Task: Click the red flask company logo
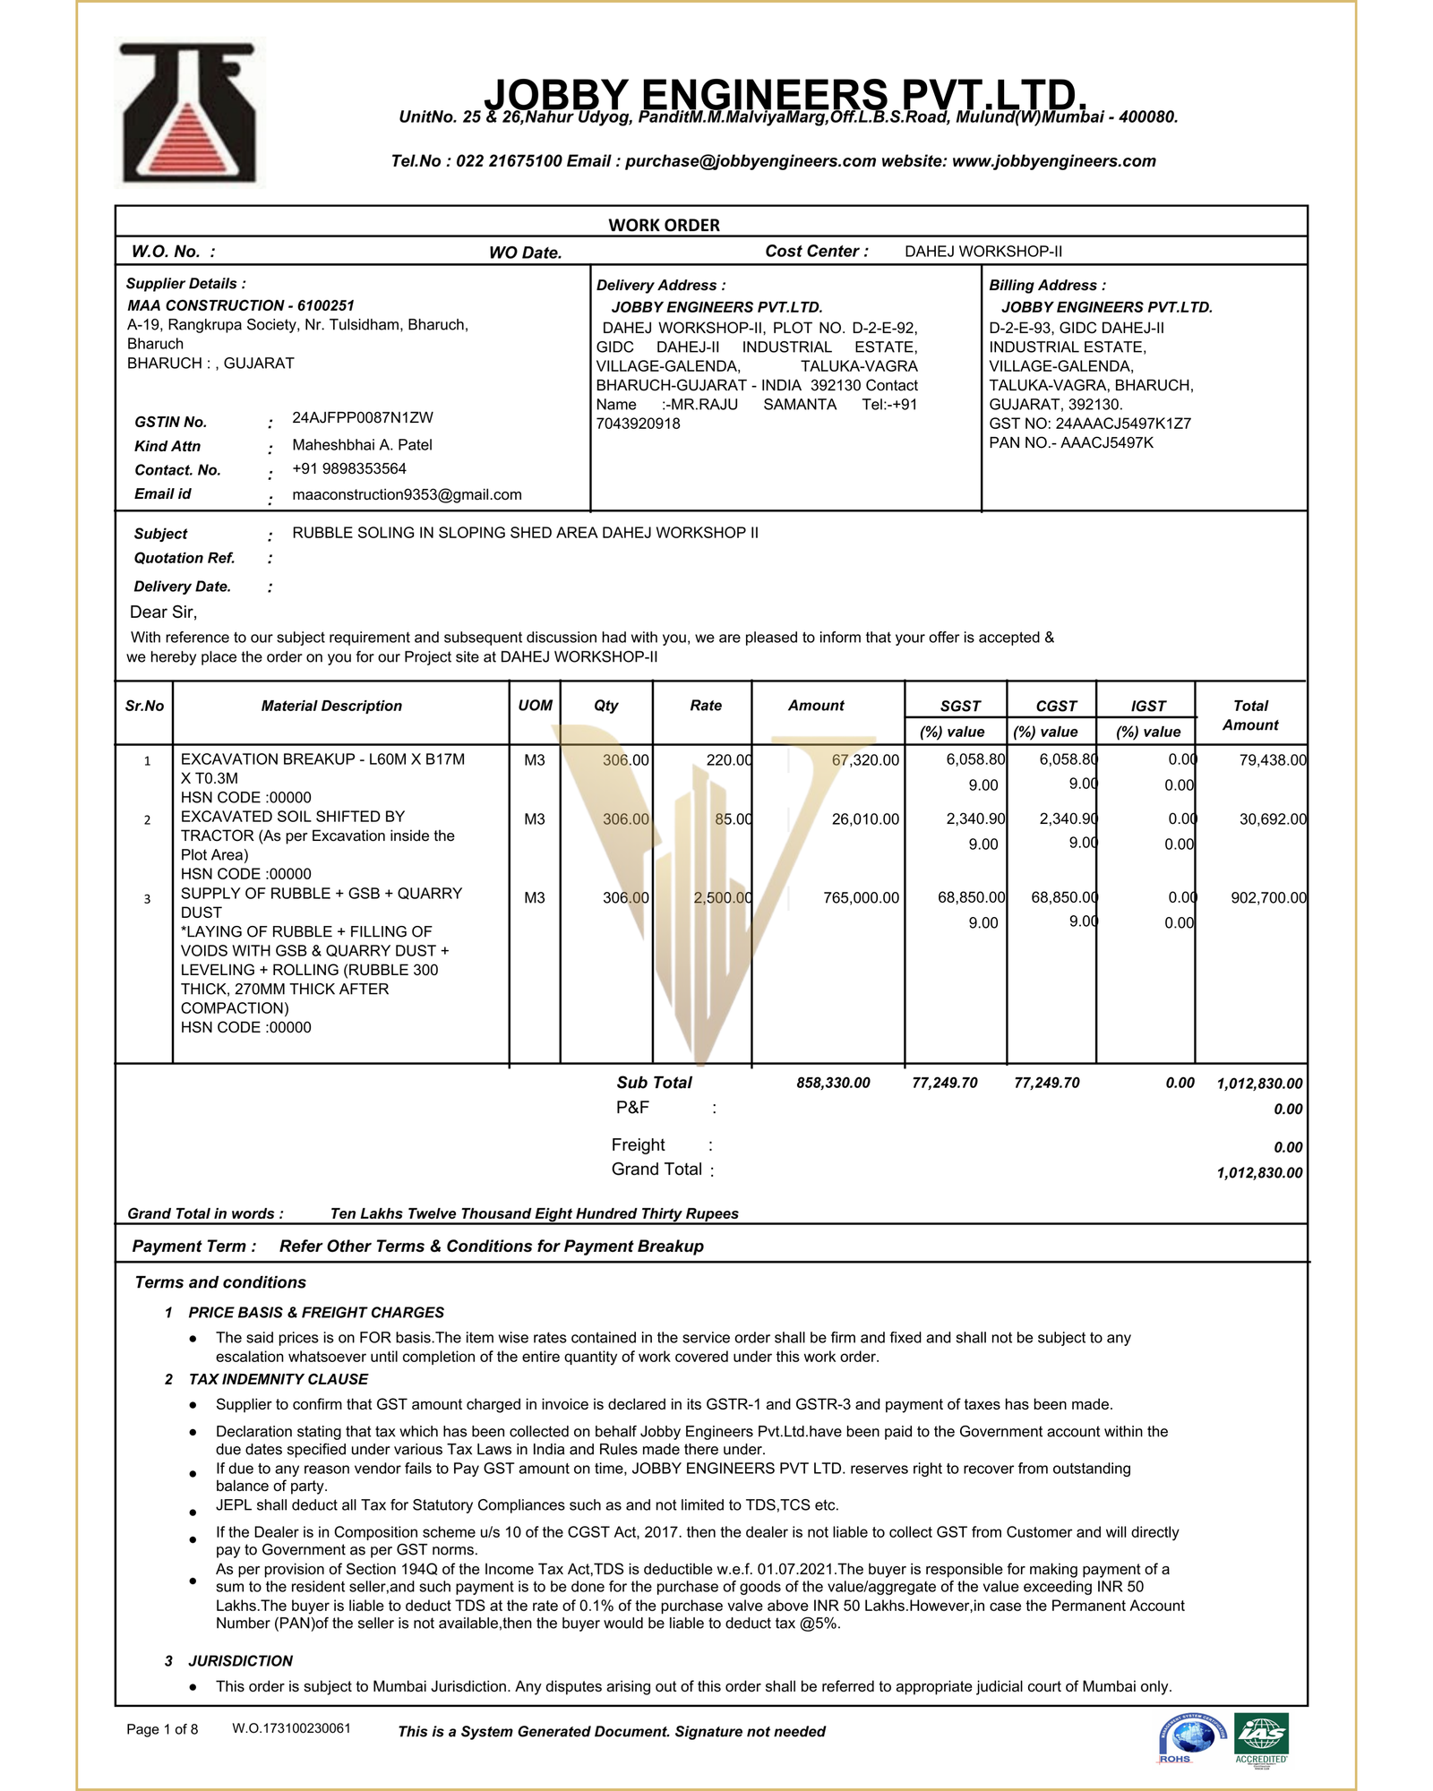[189, 114]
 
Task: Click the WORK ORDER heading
[664, 225]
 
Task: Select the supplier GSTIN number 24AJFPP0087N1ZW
[363, 417]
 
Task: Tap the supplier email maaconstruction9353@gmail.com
[407, 494]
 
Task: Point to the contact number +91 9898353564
[349, 468]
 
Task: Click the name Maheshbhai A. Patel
[362, 444]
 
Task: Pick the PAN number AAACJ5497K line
[1071, 442]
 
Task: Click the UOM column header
[535, 706]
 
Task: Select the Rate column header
[706, 706]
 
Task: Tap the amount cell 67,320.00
[865, 760]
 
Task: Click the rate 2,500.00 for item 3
[722, 897]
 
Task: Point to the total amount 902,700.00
[1268, 897]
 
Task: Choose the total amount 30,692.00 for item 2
[1273, 818]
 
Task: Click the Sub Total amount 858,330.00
[833, 1083]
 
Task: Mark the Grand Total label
[656, 1169]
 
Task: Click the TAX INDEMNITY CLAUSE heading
[278, 1379]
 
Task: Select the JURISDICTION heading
[240, 1660]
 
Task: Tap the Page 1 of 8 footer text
[162, 1729]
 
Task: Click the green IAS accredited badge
[1261, 1736]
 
